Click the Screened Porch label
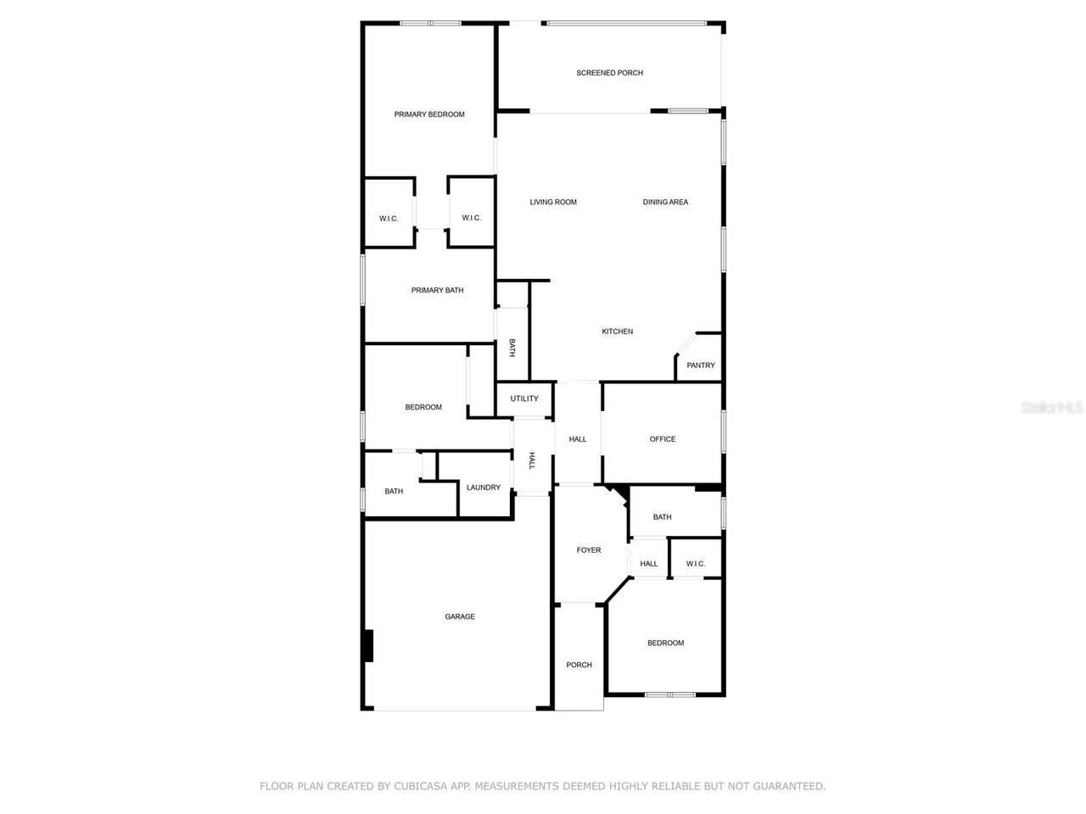click(x=609, y=73)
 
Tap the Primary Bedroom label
click(x=429, y=114)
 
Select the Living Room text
click(x=553, y=202)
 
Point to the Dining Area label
click(x=665, y=202)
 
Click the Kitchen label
click(x=617, y=332)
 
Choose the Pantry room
click(x=701, y=365)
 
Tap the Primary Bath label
click(x=437, y=291)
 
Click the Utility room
click(x=524, y=399)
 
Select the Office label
click(x=663, y=439)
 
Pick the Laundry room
click(x=484, y=488)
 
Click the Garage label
click(x=460, y=616)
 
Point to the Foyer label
click(x=589, y=550)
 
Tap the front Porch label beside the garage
click(x=579, y=665)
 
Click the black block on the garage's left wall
click(x=368, y=645)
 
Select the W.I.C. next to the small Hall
click(x=696, y=564)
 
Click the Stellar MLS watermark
click(x=1052, y=408)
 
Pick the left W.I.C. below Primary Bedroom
click(x=389, y=219)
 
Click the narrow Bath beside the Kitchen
click(x=512, y=347)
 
